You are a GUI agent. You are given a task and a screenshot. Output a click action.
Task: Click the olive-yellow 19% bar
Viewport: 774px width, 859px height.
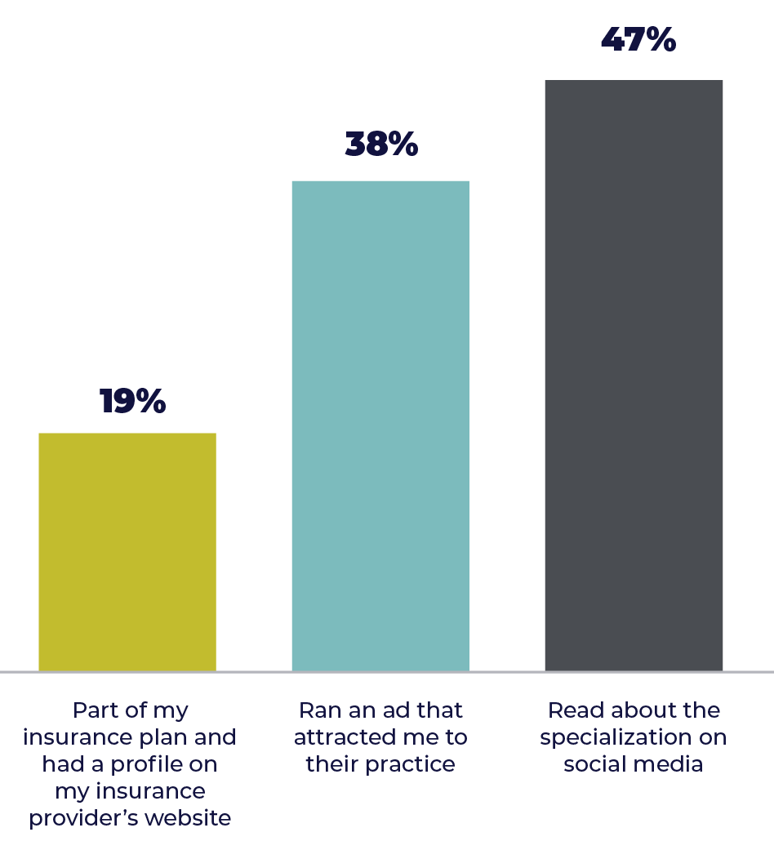pos(127,551)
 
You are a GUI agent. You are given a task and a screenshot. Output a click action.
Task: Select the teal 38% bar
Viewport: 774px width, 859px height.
pos(380,425)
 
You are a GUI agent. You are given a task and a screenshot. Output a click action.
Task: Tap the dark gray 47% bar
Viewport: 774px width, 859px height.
pos(634,375)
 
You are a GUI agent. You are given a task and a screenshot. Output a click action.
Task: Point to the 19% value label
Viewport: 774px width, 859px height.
pos(132,402)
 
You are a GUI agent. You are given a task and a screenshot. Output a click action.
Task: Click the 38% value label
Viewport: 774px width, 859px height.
pos(381,145)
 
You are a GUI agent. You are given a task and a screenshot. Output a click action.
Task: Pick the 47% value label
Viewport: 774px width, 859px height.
pos(638,39)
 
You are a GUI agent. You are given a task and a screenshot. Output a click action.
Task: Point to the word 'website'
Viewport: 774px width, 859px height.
pos(193,818)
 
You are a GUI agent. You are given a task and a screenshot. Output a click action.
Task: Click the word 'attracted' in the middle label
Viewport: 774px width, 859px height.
pos(341,737)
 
